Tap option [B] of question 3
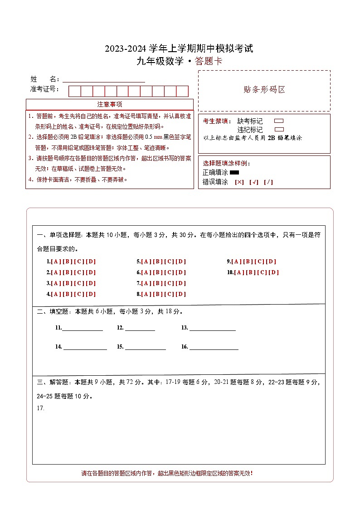click(x=67, y=283)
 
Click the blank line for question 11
click(x=82, y=329)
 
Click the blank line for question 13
click(x=212, y=329)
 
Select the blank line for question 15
click(x=145, y=347)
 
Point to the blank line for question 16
click(x=214, y=347)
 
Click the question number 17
click(x=40, y=408)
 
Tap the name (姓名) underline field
click(x=104, y=79)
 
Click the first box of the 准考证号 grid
click(x=74, y=91)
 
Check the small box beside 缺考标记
click(x=279, y=121)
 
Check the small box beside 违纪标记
click(x=279, y=129)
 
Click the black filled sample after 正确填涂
click(x=234, y=173)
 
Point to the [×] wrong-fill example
click(x=239, y=182)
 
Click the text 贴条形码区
click(x=264, y=90)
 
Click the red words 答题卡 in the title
click(x=209, y=62)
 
